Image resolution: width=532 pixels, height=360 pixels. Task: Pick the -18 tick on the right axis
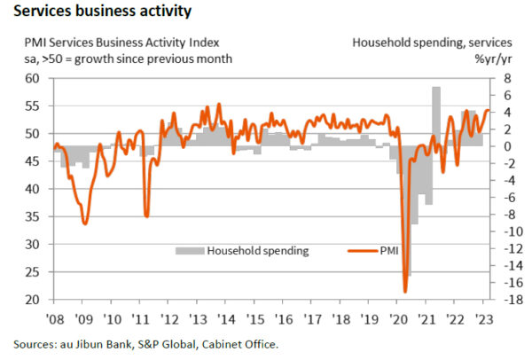pos(503,301)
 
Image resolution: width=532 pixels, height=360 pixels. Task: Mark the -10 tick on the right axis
pos(503,231)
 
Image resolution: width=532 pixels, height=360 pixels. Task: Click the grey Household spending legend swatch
pos(189,251)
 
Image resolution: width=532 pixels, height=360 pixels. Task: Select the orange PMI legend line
pos(358,251)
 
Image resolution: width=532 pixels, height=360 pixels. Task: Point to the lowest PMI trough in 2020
pos(405,291)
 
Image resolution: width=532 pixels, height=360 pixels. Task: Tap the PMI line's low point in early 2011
pos(145,215)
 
